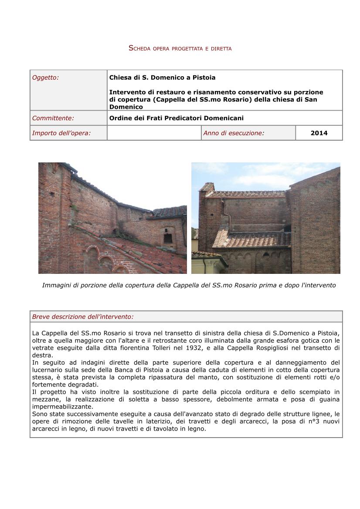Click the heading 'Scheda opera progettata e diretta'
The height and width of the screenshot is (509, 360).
click(x=180, y=48)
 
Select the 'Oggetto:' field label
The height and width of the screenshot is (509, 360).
click(x=45, y=78)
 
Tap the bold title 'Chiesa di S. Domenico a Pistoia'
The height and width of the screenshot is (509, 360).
click(x=162, y=78)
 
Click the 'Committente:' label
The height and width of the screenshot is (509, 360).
click(x=53, y=118)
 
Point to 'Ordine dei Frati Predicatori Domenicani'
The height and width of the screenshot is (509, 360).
click(x=176, y=118)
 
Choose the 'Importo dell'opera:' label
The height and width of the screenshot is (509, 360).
click(x=61, y=133)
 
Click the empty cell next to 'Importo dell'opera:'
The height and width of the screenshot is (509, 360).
click(x=154, y=133)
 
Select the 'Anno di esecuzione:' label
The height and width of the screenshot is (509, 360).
click(x=234, y=133)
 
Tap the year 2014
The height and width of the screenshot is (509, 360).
click(x=319, y=133)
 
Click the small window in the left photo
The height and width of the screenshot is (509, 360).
click(x=167, y=238)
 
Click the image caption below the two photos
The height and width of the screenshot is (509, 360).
click(x=189, y=285)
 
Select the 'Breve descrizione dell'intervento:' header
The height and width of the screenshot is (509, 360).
click(x=83, y=317)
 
